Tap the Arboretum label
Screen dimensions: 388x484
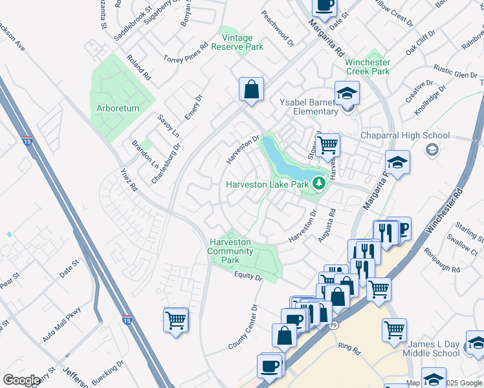118,109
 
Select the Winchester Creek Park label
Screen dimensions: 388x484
368,67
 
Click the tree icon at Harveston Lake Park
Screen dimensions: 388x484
318,184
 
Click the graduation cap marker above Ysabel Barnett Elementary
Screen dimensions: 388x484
347,92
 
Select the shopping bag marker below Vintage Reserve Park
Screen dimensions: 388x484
251,89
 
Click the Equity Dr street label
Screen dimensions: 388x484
248,277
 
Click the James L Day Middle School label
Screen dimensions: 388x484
432,349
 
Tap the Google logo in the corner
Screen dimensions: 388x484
21,380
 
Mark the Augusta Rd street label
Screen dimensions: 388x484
325,225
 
